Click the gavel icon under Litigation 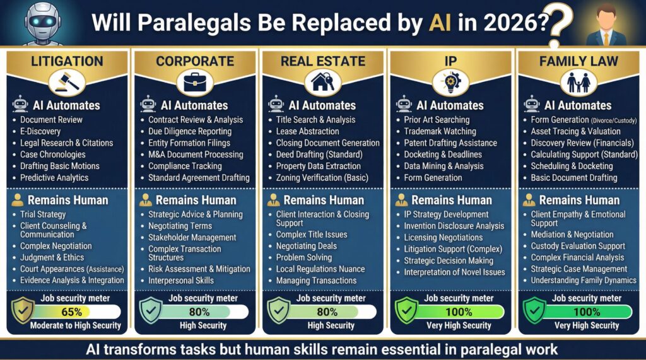67,82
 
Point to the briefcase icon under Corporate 195,82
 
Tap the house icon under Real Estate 323,82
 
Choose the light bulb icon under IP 451,82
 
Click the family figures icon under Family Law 578,82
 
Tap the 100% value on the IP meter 458,311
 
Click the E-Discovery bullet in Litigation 40,131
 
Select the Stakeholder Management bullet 192,238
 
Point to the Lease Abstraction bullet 307,131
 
